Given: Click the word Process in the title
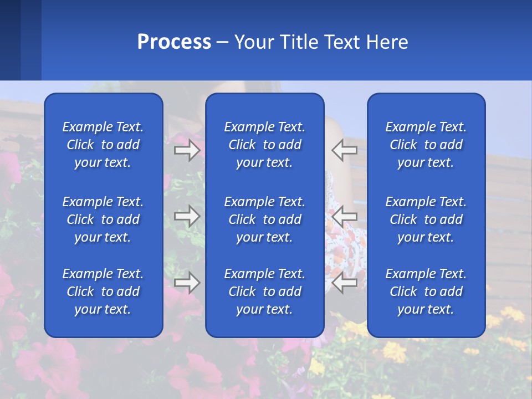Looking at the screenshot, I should [x=174, y=42].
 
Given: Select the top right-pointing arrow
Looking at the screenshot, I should [x=187, y=150].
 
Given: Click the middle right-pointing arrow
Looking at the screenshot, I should [x=187, y=216].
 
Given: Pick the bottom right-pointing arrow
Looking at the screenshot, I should [x=187, y=283].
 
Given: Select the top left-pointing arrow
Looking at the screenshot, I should [x=345, y=150].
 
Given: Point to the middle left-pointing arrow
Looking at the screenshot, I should [x=345, y=216].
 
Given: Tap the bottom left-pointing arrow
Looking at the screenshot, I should [x=345, y=283].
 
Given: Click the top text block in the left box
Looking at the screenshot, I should [x=103, y=145].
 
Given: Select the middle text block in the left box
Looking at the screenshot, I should [x=103, y=219].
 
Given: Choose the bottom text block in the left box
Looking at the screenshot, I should [x=103, y=291].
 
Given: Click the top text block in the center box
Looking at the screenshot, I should [x=264, y=145].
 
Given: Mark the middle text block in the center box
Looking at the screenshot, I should [x=264, y=219].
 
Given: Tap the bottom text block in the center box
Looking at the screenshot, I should [x=264, y=291].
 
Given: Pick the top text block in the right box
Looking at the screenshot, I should [x=426, y=145].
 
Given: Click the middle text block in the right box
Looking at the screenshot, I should [x=426, y=219].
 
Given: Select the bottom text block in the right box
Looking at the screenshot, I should [x=426, y=291].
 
